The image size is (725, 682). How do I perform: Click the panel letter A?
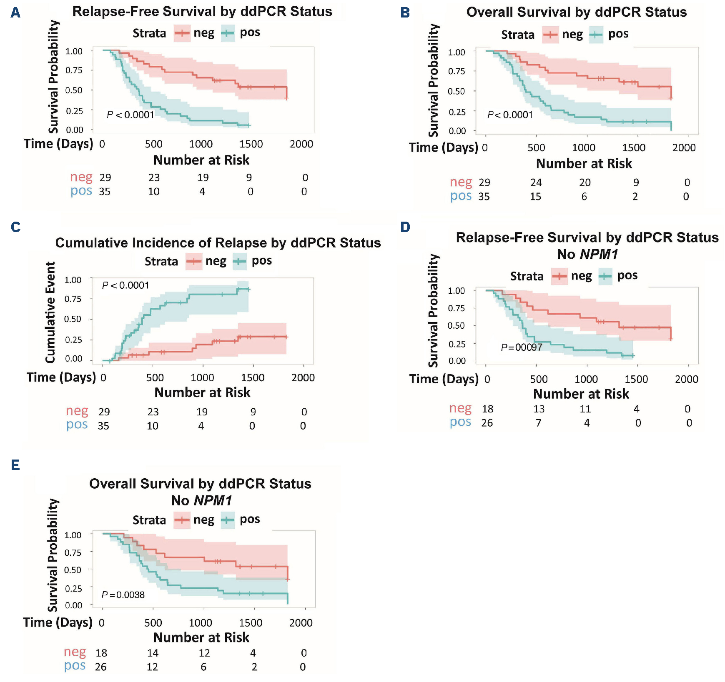coord(15,13)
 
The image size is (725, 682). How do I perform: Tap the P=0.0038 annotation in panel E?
coord(123,595)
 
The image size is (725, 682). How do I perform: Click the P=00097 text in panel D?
coord(521,347)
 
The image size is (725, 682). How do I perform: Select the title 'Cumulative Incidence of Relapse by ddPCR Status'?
coord(218,243)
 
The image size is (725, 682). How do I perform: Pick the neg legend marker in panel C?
coord(194,262)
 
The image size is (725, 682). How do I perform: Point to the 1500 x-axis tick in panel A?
coord(251,144)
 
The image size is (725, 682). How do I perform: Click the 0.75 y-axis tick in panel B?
coord(457,71)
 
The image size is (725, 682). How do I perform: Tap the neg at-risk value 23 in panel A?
coord(154,178)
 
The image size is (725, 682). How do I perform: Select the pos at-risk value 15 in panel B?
coord(535,197)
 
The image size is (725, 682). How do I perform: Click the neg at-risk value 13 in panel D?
coord(539,409)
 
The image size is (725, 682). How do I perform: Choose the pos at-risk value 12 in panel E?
coord(152,667)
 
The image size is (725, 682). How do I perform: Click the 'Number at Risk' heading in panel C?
coord(202,392)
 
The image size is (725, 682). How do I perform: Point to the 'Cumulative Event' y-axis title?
coord(50,312)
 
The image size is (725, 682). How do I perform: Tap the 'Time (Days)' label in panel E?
coord(58,622)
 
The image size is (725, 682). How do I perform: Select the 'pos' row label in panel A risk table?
coord(81,191)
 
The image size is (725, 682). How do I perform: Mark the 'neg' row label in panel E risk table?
coord(75,652)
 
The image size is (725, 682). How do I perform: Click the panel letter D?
coord(405,227)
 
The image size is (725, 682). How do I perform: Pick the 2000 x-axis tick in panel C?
coord(303,378)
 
